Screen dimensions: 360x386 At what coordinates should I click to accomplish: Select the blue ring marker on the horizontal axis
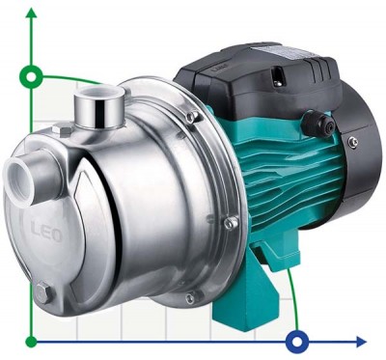[x=298, y=341]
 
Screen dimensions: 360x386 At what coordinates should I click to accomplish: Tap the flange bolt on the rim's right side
[x=231, y=223]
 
